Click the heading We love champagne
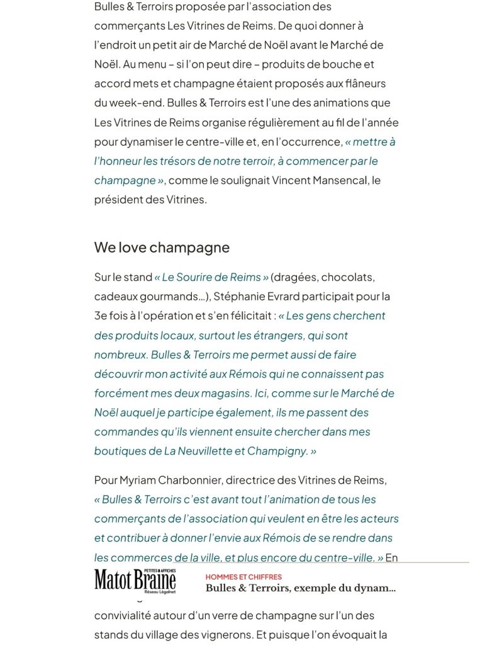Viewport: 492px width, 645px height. (162, 248)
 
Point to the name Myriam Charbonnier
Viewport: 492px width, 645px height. (169, 480)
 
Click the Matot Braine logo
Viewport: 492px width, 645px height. (135, 581)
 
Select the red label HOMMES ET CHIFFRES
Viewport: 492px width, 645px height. (243, 577)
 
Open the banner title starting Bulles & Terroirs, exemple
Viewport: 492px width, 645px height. (300, 589)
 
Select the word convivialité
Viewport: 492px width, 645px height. (128, 615)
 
